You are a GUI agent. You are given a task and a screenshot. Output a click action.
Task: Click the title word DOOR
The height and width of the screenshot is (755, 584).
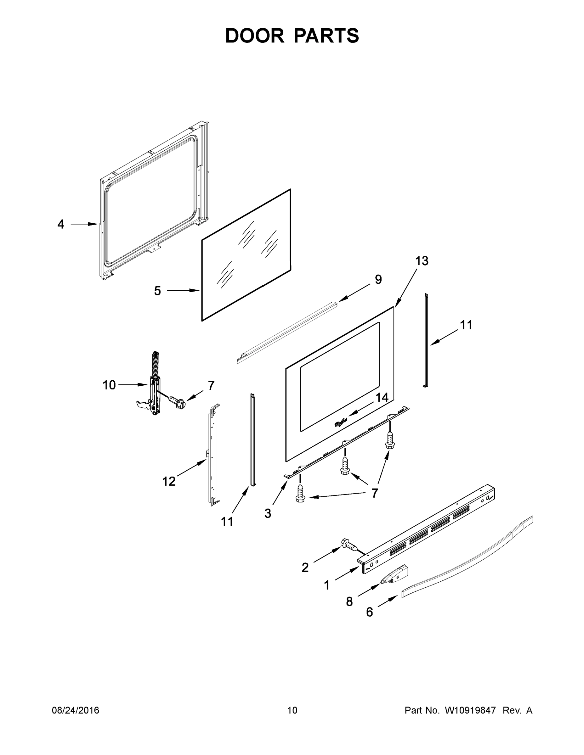click(x=254, y=36)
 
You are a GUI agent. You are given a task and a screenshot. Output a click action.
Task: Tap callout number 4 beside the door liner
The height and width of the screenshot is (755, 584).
click(x=60, y=224)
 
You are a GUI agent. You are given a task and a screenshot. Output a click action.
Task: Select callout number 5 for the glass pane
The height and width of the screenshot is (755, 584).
click(x=157, y=291)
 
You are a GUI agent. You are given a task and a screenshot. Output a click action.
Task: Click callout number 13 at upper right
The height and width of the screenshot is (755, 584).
click(x=422, y=261)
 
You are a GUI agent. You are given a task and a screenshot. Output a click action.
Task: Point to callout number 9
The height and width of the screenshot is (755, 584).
click(x=378, y=279)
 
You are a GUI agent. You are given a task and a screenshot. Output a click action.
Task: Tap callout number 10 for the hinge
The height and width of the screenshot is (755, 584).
click(x=109, y=385)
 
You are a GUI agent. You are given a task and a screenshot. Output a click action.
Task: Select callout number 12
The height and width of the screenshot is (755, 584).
click(x=169, y=481)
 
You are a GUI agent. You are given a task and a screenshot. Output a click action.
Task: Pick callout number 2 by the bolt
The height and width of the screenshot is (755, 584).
click(x=305, y=567)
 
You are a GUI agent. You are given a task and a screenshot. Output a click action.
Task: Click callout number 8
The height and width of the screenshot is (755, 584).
click(x=349, y=602)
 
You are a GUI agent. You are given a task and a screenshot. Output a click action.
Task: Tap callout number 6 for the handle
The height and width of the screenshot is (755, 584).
click(x=370, y=612)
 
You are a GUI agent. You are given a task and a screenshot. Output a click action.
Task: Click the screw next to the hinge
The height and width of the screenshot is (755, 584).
click(x=177, y=402)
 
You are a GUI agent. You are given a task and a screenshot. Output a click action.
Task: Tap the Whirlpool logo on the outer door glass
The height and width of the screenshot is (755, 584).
click(x=340, y=422)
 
